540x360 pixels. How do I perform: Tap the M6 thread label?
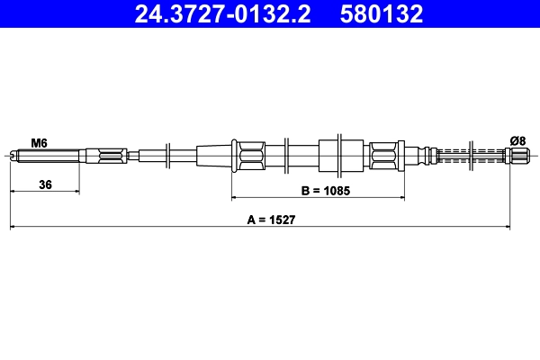(39, 142)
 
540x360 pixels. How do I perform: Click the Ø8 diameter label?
(517, 139)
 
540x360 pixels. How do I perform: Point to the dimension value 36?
(44, 184)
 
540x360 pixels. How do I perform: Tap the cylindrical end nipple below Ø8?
(517, 156)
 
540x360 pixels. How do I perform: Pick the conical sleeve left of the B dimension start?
(213, 156)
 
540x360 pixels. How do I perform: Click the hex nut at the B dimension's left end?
(247, 156)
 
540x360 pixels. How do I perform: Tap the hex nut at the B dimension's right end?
(384, 156)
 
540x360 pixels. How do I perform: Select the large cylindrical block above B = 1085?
(341, 156)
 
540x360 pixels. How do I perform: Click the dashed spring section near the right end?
(472, 156)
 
